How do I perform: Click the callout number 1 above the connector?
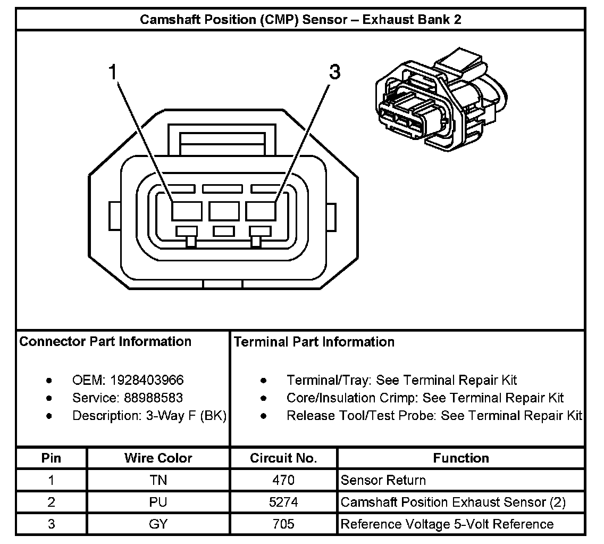112,72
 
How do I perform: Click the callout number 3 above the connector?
334,72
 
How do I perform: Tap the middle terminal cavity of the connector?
224,211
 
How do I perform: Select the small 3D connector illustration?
441,102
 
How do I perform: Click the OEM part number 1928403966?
147,380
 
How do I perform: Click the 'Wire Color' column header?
158,458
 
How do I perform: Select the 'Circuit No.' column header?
283,458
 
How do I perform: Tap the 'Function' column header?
460,458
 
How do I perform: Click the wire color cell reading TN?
158,480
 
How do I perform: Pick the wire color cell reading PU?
158,502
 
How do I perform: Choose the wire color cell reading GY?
158,524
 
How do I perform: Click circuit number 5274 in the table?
283,502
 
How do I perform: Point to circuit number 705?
283,524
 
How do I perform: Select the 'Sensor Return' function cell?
383,480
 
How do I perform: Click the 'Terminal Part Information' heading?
314,342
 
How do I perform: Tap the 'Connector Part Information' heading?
105,341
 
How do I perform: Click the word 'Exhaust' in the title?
380,20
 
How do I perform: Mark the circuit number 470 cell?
283,480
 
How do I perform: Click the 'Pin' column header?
51,458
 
